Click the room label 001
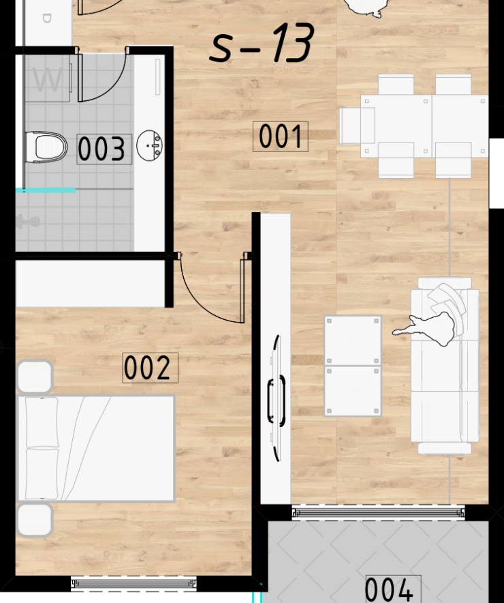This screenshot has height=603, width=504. click(x=281, y=136)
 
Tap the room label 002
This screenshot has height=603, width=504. click(x=150, y=368)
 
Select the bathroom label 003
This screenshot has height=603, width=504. click(x=104, y=149)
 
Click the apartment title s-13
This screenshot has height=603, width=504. click(x=262, y=43)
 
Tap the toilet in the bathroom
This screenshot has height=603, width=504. click(x=46, y=147)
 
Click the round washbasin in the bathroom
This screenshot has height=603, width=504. click(x=150, y=145)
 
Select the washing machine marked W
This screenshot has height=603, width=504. click(x=48, y=78)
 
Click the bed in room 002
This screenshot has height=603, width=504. click(x=96, y=448)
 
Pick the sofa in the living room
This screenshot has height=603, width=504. click(x=445, y=366)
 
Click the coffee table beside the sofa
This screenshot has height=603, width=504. click(x=353, y=366)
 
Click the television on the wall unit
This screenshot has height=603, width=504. click(x=277, y=398)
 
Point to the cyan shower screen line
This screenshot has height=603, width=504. click(x=46, y=190)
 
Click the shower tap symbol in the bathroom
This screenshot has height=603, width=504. click(x=28, y=222)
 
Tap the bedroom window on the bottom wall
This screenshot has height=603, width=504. click(x=134, y=583)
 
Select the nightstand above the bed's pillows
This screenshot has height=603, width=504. click(x=35, y=376)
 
